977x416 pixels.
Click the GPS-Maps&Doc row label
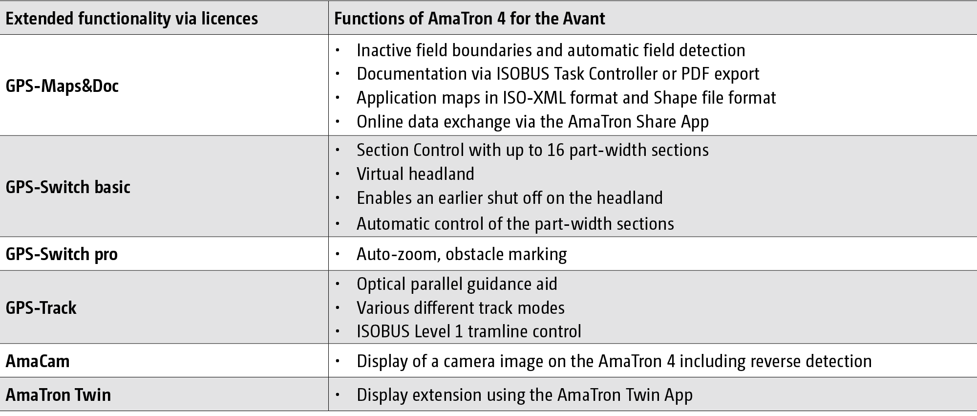pos(62,86)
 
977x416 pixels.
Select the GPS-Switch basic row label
pos(68,187)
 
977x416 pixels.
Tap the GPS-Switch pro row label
pos(62,254)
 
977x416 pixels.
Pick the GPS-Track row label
pos(41,307)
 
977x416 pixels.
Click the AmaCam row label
pos(38,361)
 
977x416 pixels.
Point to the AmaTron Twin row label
pos(58,394)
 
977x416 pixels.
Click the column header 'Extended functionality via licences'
pos(132,19)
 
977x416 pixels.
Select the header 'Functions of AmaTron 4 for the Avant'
pos(469,19)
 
